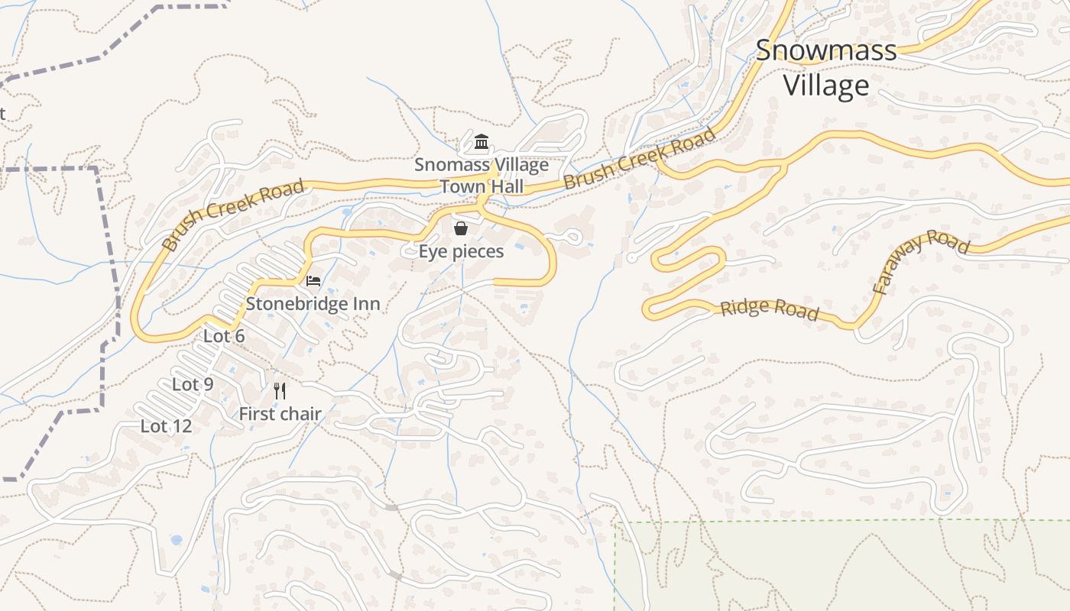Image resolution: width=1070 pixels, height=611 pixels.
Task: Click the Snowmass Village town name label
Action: point(826,67)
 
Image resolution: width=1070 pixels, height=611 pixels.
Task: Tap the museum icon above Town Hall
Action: point(481,142)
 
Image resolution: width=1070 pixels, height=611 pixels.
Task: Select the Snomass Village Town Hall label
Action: point(481,176)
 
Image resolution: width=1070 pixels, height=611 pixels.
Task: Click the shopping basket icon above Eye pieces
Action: point(461,228)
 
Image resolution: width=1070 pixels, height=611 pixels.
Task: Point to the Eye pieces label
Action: point(461,251)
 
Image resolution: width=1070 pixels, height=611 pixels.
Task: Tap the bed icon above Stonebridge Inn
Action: point(313,281)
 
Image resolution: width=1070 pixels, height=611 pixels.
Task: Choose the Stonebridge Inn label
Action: point(313,304)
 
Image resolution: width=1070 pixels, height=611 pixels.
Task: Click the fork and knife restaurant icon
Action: point(280,392)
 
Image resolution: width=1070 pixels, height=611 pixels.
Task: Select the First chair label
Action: point(280,414)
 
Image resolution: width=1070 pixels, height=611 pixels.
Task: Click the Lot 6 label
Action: point(224,336)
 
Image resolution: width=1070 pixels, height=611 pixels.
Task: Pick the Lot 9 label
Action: point(193,384)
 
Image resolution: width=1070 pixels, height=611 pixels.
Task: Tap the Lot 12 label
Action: point(166,426)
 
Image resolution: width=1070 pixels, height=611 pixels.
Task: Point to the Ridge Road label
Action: point(770,309)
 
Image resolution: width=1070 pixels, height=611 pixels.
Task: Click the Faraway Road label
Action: point(920,260)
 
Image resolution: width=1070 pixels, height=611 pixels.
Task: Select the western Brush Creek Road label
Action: point(234,215)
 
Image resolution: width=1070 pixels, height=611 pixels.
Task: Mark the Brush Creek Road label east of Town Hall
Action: point(640,159)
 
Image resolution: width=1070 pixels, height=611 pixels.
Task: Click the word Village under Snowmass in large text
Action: point(826,85)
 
